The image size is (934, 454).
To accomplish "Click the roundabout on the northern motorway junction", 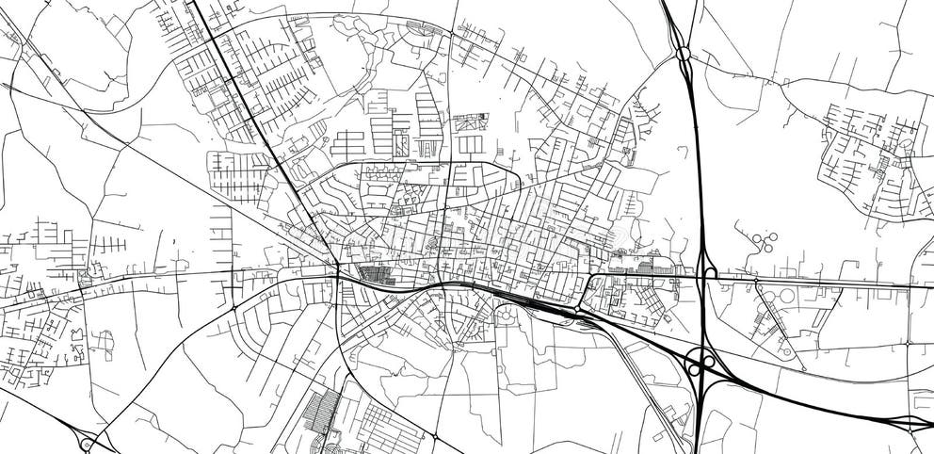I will pyautogui.click(x=683, y=54).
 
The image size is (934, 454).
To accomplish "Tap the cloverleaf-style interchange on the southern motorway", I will pyautogui.click(x=699, y=362).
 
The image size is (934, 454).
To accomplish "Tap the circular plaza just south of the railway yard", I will pyautogui.click(x=507, y=317).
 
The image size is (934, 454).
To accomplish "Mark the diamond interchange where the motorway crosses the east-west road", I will pyautogui.click(x=704, y=273).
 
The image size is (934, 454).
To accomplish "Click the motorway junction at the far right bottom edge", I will pyautogui.click(x=910, y=423).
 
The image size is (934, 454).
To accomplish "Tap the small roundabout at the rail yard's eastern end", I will pyautogui.click(x=576, y=309).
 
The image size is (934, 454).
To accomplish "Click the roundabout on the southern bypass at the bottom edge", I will pyautogui.click(x=435, y=436).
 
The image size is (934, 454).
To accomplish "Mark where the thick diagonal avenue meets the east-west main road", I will pyautogui.click(x=336, y=274).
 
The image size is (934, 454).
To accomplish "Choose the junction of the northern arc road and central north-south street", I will pyautogui.click(x=450, y=36).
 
